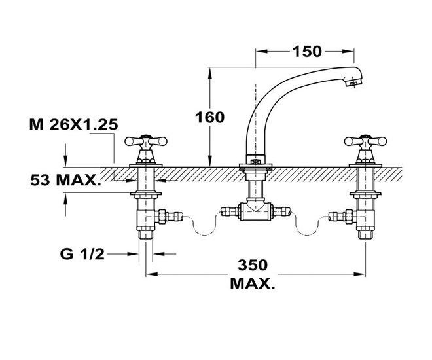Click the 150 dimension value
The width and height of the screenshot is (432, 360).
pos(306,52)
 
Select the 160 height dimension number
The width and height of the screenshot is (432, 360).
pos(209,118)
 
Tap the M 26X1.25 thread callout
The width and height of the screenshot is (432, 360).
pos(73,125)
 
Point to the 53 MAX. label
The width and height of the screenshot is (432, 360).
pos(65,180)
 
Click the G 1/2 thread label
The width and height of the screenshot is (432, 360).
pos(82,254)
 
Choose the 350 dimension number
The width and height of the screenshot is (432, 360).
pos(253,265)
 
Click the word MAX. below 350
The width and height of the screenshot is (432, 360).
pos(253,283)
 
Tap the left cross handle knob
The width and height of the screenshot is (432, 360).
pos(146,141)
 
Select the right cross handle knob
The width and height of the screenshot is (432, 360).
pos(365,141)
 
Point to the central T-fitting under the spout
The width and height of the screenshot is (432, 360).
pos(256,211)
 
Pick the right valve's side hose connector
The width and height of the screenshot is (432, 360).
pos(342,216)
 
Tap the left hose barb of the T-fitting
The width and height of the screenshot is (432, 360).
pos(230,211)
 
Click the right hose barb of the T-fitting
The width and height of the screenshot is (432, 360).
pos(282,211)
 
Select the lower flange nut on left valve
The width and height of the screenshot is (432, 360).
pos(146,194)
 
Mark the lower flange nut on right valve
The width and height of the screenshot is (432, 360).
pos(365,194)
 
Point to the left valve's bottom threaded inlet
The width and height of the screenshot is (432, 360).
pos(146,235)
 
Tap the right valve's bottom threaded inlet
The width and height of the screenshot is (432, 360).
pos(365,235)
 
